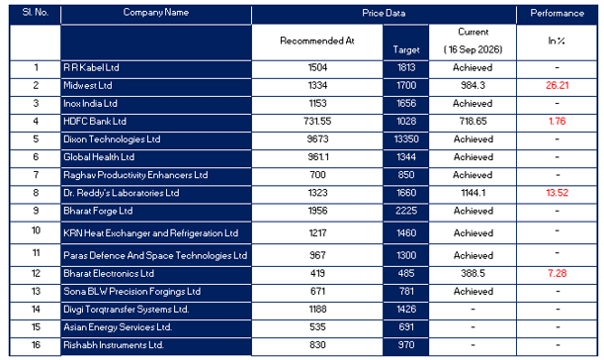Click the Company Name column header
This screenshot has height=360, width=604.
[x=156, y=12]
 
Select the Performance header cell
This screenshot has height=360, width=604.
[x=557, y=13]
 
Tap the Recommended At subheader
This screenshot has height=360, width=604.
[x=317, y=41]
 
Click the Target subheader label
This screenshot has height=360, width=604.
[x=406, y=49]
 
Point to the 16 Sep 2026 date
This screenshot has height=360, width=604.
[x=474, y=49]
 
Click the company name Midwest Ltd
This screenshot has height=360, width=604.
[x=88, y=86]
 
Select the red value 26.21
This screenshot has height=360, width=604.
[x=557, y=86]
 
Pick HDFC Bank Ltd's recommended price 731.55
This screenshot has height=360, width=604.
[x=317, y=122]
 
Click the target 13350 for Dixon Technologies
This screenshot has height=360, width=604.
[x=406, y=139]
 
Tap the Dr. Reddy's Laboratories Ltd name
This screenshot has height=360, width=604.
[x=122, y=193]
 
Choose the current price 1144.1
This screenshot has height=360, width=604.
[x=474, y=193]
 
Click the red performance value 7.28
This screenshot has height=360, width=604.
[x=557, y=273]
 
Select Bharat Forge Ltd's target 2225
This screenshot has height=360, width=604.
[x=406, y=211]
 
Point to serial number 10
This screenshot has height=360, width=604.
[x=36, y=230]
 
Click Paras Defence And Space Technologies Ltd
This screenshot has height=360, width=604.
[x=155, y=255]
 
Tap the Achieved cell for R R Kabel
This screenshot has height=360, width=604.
[x=473, y=68]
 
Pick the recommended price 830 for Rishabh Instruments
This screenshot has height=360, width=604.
[x=317, y=345]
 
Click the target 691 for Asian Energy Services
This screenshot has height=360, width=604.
[x=406, y=327]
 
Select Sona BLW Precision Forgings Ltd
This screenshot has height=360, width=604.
[x=132, y=292]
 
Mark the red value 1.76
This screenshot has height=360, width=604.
[x=557, y=122]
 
